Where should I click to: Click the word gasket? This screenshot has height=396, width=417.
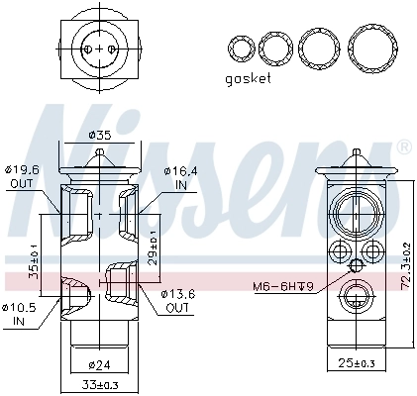coord(248,78)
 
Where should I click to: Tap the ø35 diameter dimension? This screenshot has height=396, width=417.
coord(99,136)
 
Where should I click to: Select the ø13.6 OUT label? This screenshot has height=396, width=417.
coord(179,300)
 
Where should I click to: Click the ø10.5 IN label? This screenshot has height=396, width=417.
coord(21,313)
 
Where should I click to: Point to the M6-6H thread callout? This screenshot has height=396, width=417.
coord(281,287)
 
